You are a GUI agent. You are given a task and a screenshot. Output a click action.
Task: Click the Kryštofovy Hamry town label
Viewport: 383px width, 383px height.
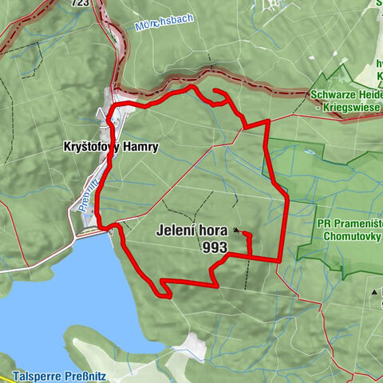coord(110,147)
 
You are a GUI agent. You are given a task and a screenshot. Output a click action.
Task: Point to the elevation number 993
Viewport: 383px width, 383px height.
coord(215,247)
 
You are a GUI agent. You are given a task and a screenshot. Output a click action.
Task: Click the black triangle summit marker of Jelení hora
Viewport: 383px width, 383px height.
coord(236,231)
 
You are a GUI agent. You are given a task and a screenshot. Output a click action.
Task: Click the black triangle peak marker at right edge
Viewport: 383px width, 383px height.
coord(373,293)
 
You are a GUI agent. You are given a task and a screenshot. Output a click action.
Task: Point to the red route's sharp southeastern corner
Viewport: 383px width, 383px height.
coord(278,260)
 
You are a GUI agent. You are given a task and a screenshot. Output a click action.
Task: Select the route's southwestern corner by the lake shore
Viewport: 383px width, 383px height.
coord(168,296)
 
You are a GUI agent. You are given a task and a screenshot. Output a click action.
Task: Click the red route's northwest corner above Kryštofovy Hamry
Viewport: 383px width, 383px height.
coord(112,106)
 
